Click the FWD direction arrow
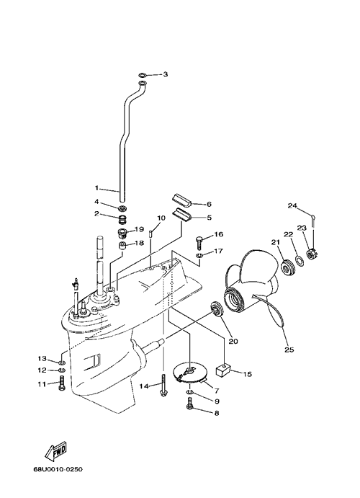56,450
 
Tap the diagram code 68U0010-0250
58,468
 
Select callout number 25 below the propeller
289,350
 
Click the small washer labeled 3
143,75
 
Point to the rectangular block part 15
222,370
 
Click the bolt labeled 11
61,383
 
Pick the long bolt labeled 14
163,386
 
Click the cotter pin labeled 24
313,221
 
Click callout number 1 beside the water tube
96,188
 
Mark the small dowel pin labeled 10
150,233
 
